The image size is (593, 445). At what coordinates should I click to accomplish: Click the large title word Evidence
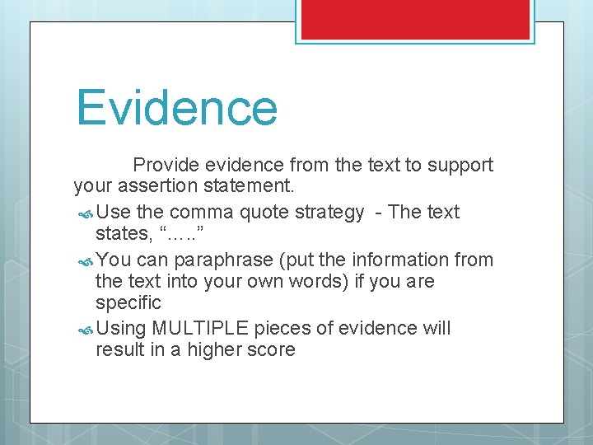click(177, 109)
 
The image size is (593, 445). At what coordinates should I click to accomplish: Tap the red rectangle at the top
click(415, 19)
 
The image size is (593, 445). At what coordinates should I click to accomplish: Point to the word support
click(460, 165)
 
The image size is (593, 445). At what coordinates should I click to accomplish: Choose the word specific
click(128, 303)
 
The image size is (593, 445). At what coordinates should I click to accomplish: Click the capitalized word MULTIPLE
click(200, 328)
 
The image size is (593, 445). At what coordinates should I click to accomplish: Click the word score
click(270, 349)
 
